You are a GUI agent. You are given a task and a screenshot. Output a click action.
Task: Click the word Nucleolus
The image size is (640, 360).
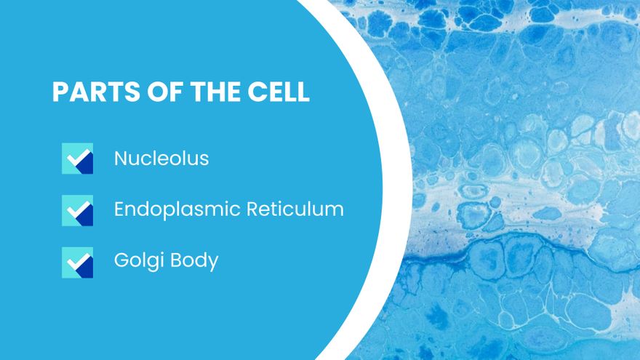pyautogui.click(x=161, y=159)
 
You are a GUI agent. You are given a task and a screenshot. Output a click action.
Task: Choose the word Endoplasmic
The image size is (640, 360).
pyautogui.click(x=177, y=210)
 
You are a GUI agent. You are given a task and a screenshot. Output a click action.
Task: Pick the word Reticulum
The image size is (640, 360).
pyautogui.click(x=295, y=209)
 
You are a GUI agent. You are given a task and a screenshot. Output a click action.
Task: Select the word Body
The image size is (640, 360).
pyautogui.click(x=194, y=261)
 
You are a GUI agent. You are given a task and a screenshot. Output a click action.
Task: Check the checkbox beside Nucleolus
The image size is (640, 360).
pyautogui.click(x=78, y=159)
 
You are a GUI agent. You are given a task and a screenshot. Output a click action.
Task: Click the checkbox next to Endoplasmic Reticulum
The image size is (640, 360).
pyautogui.click(x=78, y=210)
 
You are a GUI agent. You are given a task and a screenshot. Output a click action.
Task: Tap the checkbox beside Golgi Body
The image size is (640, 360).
pyautogui.click(x=78, y=263)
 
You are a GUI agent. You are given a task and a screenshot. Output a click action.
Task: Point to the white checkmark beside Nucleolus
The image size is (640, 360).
pyautogui.click(x=79, y=158)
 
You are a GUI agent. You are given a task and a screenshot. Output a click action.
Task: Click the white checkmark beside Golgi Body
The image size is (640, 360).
pyautogui.click(x=79, y=262)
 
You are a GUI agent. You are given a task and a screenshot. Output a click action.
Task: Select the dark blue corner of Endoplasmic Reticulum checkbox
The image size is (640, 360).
pyautogui.click(x=86, y=216)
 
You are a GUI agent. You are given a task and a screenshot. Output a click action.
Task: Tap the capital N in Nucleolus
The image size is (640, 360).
pyautogui.click(x=121, y=159)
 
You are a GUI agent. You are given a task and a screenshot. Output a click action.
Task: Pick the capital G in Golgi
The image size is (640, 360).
pyautogui.click(x=122, y=260)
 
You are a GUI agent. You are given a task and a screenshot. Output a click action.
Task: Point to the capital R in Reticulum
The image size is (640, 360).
pyautogui.click(x=253, y=209)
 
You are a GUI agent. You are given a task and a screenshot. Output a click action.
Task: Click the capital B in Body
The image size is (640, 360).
pyautogui.click(x=176, y=260)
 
